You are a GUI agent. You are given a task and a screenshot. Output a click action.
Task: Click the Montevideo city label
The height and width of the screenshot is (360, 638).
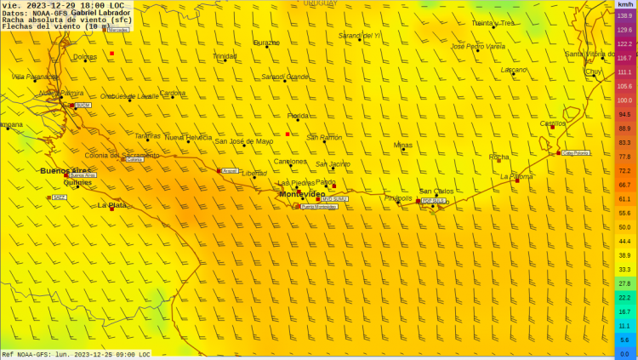click(x=302, y=194)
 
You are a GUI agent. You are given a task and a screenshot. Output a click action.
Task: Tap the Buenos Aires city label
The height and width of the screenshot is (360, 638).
click(x=65, y=170)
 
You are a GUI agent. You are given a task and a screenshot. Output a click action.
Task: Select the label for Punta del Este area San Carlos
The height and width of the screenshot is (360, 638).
click(x=436, y=191)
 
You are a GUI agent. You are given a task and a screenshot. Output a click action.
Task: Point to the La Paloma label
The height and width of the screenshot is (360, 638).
click(x=516, y=176)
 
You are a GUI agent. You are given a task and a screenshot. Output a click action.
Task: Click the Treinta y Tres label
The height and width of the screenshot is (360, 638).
click(x=493, y=23)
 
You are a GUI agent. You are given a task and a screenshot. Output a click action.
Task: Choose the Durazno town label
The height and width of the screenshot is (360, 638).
click(x=266, y=43)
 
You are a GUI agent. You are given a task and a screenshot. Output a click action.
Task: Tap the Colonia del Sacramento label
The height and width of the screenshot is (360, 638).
click(x=122, y=155)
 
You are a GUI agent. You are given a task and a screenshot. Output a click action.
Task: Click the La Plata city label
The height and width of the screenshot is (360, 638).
click(x=111, y=205)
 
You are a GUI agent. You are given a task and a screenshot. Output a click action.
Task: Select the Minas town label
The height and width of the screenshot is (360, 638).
click(x=403, y=145)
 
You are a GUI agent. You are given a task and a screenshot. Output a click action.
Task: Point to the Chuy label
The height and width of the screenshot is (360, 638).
click(x=594, y=71)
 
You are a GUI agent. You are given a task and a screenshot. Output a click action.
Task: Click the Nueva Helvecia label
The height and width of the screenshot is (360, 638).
click(x=188, y=137)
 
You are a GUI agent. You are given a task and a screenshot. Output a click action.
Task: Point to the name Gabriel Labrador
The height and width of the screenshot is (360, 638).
click(x=100, y=13)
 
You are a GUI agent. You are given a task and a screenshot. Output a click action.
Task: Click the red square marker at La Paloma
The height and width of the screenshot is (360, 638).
click(x=517, y=180)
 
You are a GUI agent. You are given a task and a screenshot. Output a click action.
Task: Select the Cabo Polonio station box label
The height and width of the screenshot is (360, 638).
click(x=576, y=153)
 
